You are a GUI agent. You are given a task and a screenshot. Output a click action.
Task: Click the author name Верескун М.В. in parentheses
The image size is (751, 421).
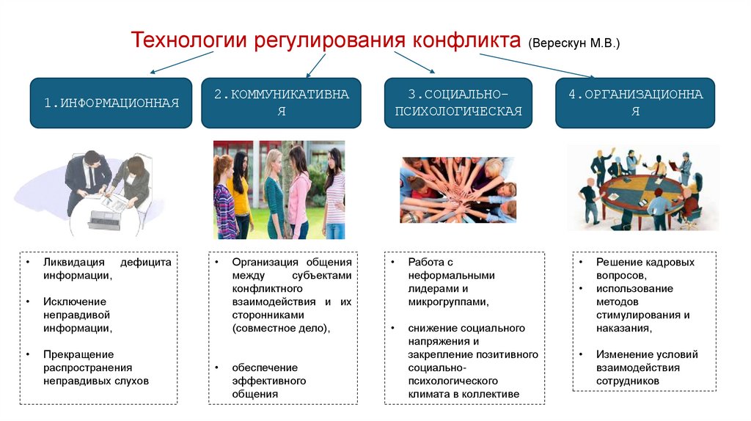[x=574, y=43]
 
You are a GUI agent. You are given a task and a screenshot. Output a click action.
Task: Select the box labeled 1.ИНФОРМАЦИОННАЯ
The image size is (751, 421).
[x=111, y=103]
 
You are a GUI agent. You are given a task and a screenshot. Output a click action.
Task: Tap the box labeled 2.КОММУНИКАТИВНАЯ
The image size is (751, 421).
[x=281, y=103]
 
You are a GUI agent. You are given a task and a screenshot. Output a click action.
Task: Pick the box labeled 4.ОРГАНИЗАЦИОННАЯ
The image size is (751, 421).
[x=635, y=103]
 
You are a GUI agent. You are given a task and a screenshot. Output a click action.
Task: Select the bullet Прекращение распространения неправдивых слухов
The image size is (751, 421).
[x=96, y=367]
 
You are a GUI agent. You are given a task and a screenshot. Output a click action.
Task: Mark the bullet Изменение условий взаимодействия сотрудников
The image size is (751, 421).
[x=646, y=367]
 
